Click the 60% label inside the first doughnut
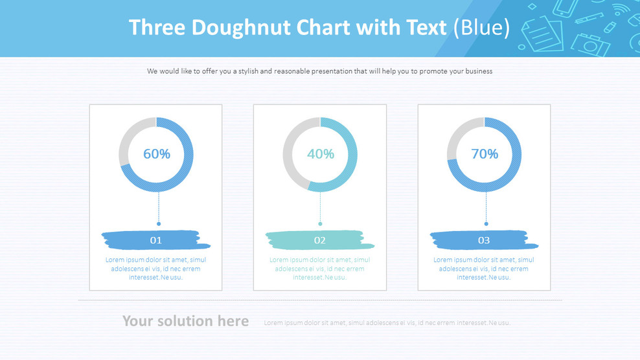pyautogui.click(x=156, y=154)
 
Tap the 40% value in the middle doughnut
pyautogui.click(x=320, y=154)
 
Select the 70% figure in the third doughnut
pyautogui.click(x=485, y=154)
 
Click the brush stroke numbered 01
pyautogui.click(x=156, y=240)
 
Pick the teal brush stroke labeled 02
pyautogui.click(x=320, y=240)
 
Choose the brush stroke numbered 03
pyautogui.click(x=484, y=240)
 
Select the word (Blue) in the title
pyautogui.click(x=481, y=28)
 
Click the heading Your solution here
pyautogui.click(x=185, y=321)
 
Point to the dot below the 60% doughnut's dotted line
pyautogui.click(x=159, y=224)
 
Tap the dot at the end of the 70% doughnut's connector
pyautogui.click(x=486, y=224)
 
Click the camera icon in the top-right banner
pyautogui.click(x=590, y=44)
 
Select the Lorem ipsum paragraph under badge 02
pyautogui.click(x=320, y=269)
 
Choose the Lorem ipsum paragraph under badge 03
pyautogui.click(x=484, y=269)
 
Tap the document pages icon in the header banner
pyautogui.click(x=541, y=32)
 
